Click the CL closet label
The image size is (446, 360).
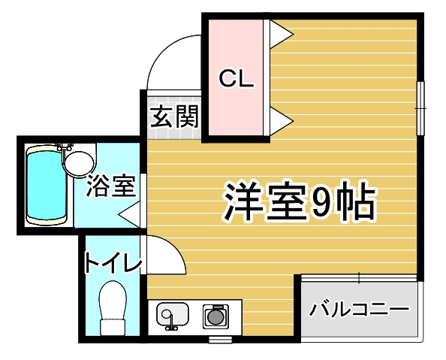[x=236, y=78]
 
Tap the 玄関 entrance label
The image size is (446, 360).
[x=174, y=116]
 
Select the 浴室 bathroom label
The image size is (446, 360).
[x=111, y=186]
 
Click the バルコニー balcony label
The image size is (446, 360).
[x=359, y=309]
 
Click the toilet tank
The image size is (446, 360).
[x=113, y=327]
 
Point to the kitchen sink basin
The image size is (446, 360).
[x=173, y=315]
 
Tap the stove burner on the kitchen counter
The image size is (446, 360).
[x=215, y=316]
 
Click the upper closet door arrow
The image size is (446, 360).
[x=281, y=34]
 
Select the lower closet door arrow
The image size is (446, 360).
[x=281, y=121]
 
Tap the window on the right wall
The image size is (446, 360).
[x=420, y=108]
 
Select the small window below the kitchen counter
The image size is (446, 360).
[x=221, y=340]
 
